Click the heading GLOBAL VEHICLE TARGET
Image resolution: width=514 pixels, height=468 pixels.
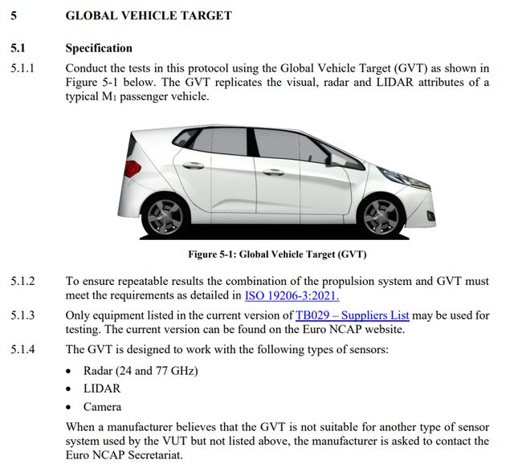click(x=148, y=15)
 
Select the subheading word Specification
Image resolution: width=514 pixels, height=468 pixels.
click(x=99, y=48)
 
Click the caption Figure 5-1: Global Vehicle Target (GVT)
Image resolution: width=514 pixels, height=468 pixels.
click(x=276, y=254)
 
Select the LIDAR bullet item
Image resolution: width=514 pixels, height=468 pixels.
click(x=102, y=389)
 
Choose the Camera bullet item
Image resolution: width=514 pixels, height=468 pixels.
click(x=103, y=407)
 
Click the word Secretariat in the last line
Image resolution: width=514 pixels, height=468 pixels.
click(x=157, y=454)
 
